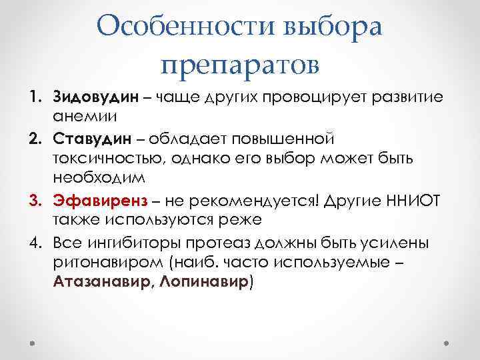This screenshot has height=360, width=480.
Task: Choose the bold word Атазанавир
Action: pos(101,281)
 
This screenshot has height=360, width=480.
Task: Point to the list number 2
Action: pos(34,139)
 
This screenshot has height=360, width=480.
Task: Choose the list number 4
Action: pos(34,241)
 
